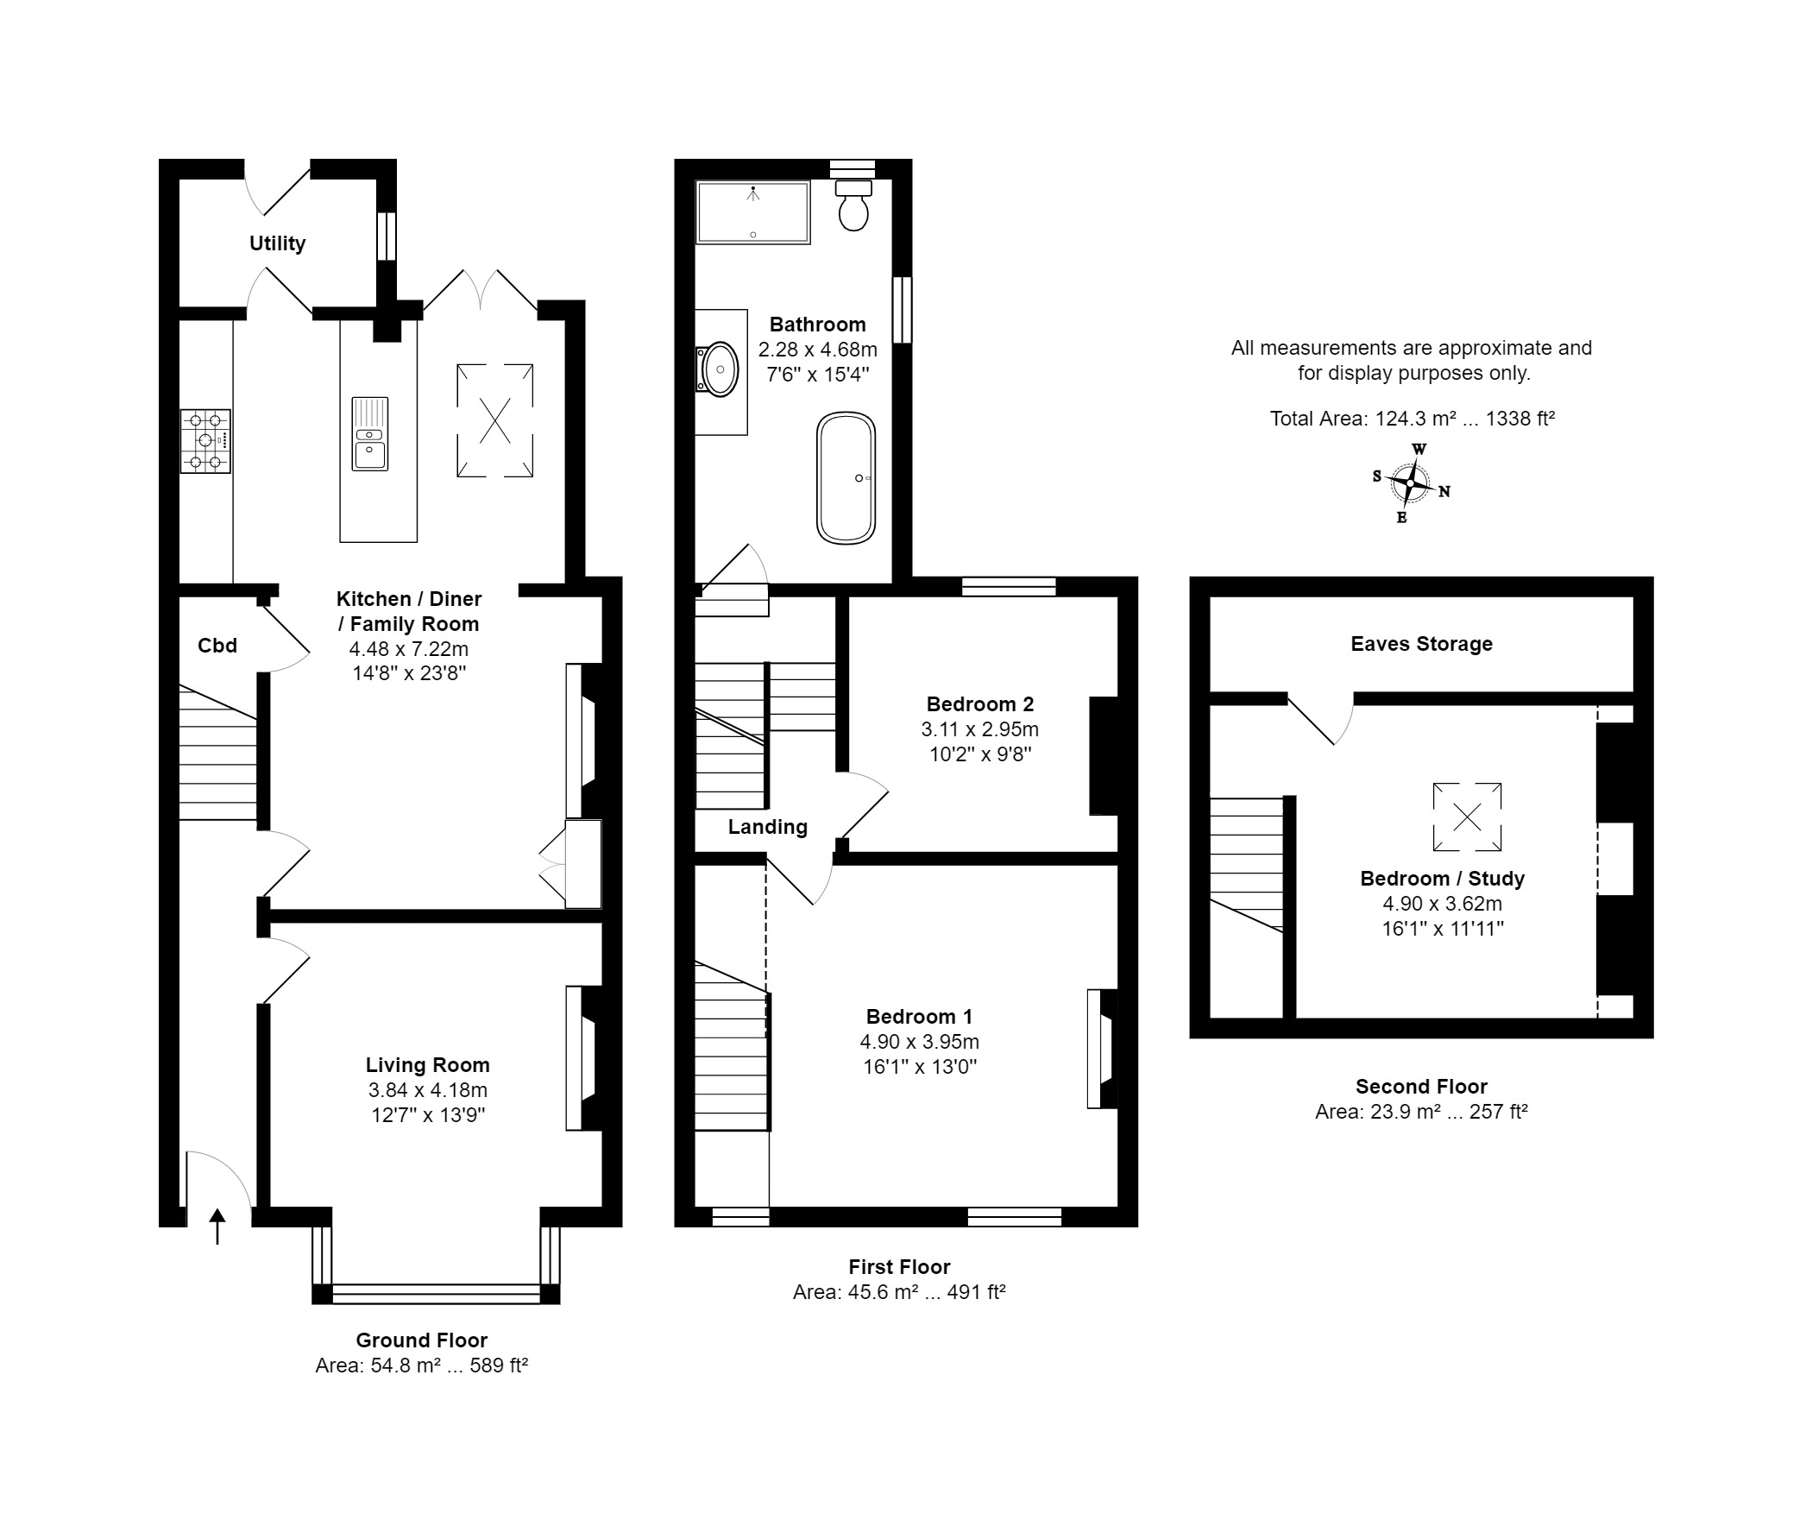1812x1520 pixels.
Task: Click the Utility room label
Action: click(x=277, y=243)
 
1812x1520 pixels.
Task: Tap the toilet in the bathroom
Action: click(x=853, y=205)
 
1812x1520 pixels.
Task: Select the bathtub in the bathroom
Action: click(x=846, y=478)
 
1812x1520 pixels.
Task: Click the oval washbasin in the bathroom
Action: click(x=719, y=369)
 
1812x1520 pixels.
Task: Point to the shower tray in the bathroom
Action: click(x=753, y=211)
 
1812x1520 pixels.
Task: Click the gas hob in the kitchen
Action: click(x=205, y=441)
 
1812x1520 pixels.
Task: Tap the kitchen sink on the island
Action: click(x=370, y=433)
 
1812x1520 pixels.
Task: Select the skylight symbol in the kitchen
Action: click(x=494, y=420)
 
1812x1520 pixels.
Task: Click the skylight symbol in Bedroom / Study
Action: click(x=1467, y=817)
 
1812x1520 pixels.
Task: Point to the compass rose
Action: click(x=1411, y=482)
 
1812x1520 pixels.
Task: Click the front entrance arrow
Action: click(x=217, y=1226)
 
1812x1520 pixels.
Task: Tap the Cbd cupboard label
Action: click(x=217, y=646)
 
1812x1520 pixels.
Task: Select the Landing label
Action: click(x=768, y=827)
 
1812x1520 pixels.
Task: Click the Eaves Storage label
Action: click(x=1421, y=644)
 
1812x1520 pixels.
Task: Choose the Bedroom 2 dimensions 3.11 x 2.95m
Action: click(x=979, y=729)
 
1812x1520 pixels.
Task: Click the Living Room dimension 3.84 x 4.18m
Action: click(x=427, y=1090)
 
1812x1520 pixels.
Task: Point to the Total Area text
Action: click(x=1412, y=419)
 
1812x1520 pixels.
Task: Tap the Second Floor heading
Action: click(x=1421, y=1087)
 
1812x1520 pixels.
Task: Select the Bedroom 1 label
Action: click(x=919, y=1017)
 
